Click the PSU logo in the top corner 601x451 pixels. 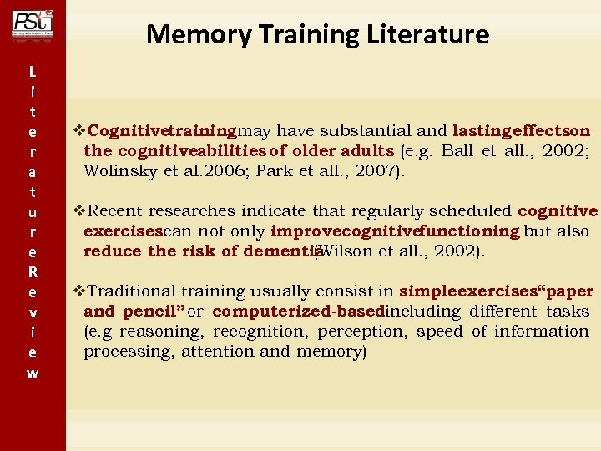tap(32, 23)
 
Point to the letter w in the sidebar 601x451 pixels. tap(32, 372)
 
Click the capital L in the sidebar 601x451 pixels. tap(32, 71)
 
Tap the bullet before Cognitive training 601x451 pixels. tap(80, 131)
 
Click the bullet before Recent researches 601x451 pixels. tap(80, 211)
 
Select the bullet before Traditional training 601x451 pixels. tap(80, 291)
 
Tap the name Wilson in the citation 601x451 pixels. tap(343, 251)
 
